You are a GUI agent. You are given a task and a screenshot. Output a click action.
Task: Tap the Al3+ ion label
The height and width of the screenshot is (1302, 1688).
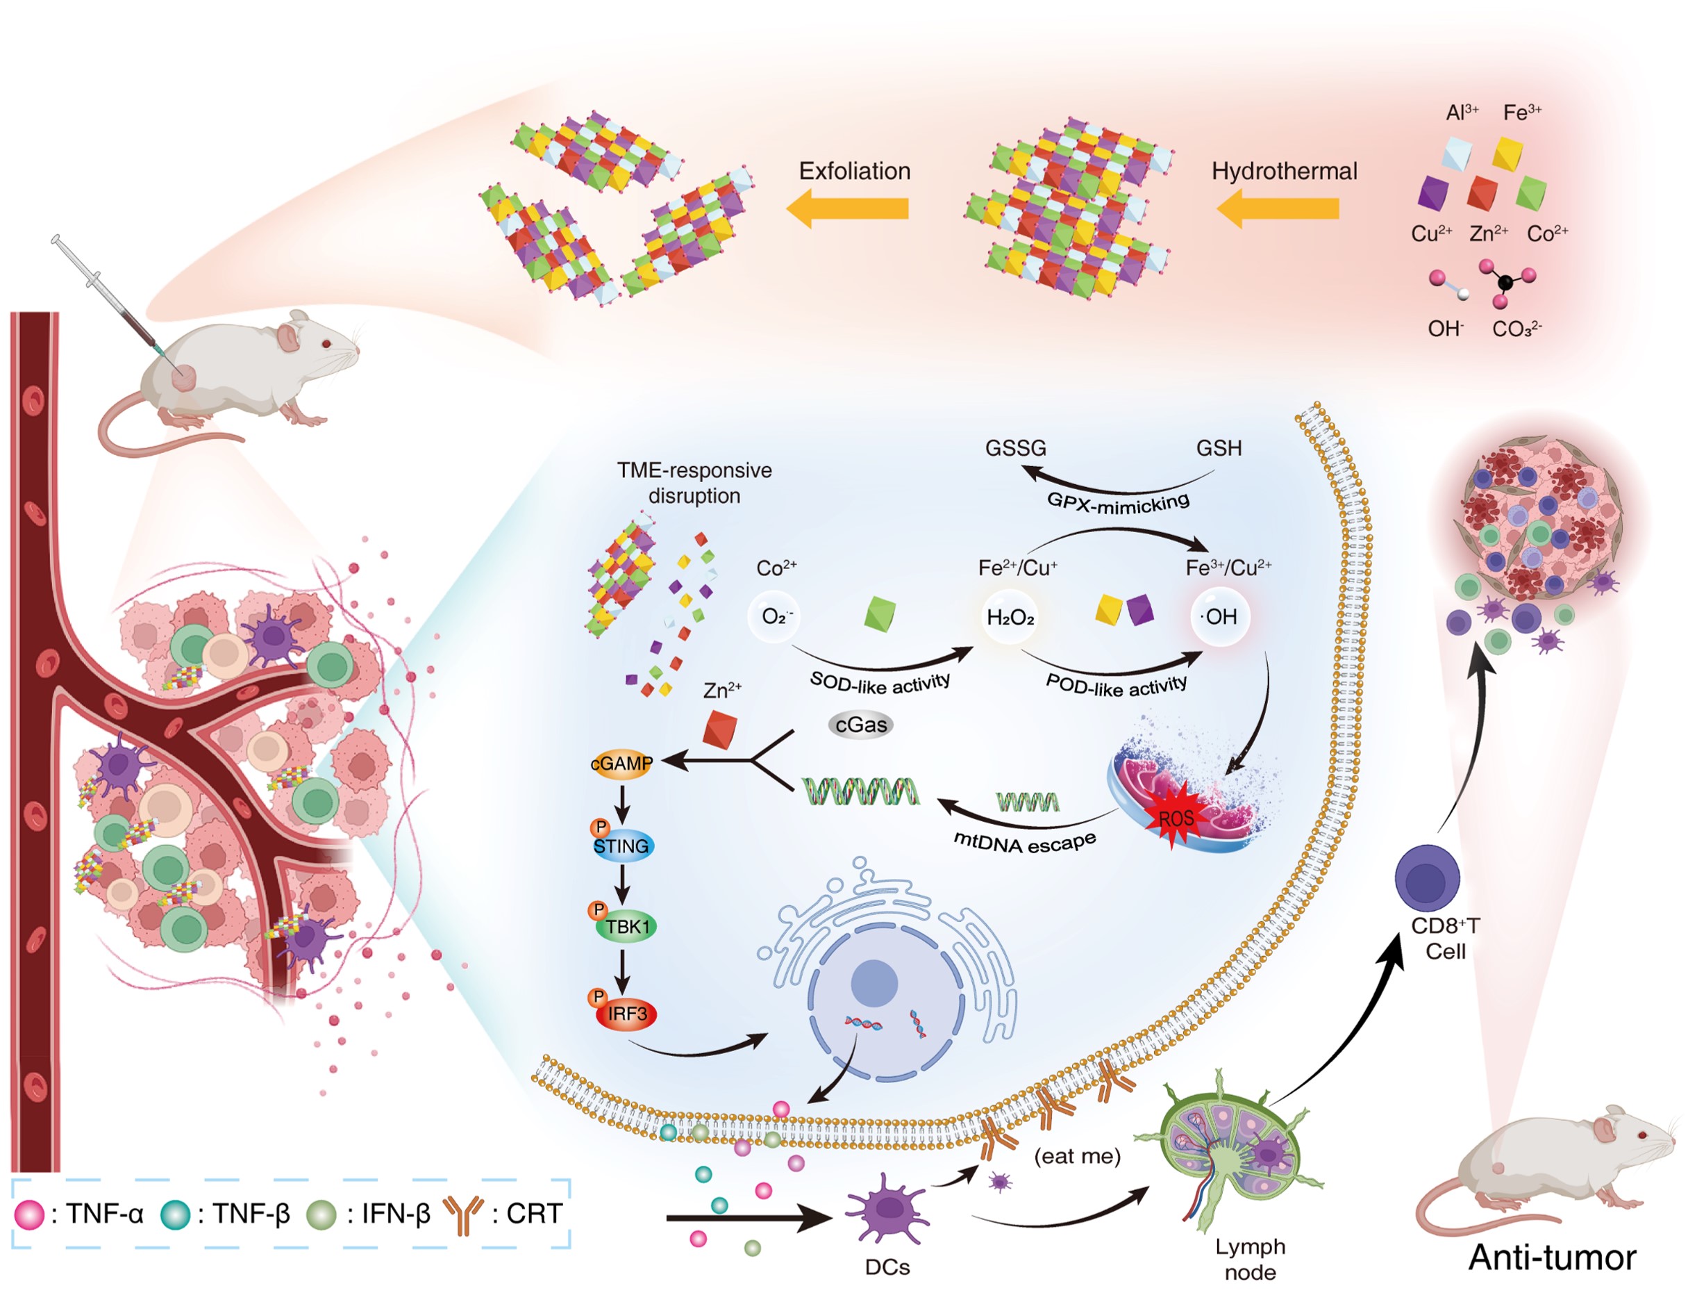point(1462,113)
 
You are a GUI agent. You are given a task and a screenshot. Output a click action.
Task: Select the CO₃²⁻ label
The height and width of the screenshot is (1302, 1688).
point(1516,329)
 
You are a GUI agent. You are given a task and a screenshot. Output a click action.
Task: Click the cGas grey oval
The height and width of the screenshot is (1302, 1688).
point(860,725)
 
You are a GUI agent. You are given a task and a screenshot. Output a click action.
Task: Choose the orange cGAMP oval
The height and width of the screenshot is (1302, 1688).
point(621,764)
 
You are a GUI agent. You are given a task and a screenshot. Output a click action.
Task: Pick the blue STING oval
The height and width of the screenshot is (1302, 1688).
point(621,846)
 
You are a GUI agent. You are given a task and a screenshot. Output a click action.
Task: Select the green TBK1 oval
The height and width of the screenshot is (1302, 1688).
point(626,926)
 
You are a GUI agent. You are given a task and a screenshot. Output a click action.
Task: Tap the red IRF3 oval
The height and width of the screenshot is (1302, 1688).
point(626,1014)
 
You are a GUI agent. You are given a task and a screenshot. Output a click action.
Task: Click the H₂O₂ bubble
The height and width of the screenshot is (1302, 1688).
point(1010,617)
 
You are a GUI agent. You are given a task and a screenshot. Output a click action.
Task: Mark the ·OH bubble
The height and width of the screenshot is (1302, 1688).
point(1219,617)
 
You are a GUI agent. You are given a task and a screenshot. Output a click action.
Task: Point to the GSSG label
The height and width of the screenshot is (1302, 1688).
point(1014,448)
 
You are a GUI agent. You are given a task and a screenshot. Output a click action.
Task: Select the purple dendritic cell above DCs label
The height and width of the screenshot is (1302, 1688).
point(889,1208)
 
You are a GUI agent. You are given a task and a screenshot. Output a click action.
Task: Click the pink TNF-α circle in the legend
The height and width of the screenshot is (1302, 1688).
point(30,1214)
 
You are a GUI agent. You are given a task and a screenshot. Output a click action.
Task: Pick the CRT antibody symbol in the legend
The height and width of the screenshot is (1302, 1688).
point(463,1214)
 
